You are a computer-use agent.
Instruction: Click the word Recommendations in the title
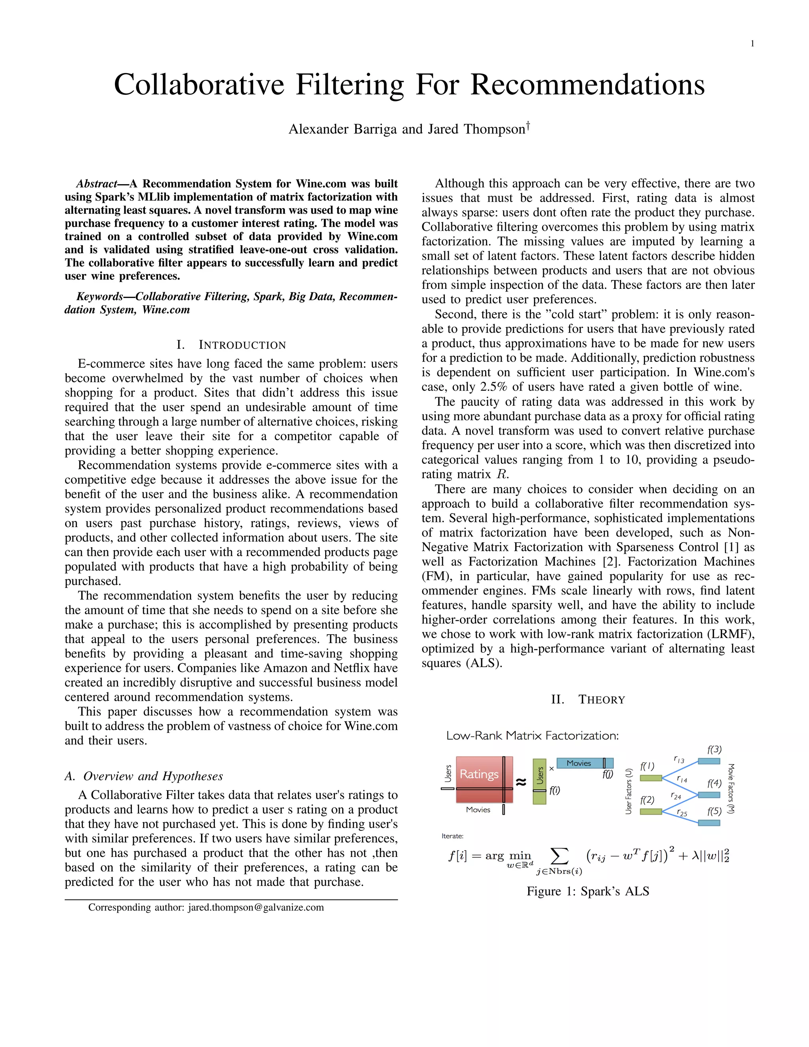pos(587,85)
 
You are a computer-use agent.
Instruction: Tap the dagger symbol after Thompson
pos(528,126)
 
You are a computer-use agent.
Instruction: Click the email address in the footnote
pos(256,908)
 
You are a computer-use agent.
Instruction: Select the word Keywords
pos(99,297)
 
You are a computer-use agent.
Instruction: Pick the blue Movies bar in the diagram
pos(579,763)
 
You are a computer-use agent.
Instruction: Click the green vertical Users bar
pos(539,781)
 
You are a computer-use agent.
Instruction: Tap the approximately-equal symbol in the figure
pos(521,782)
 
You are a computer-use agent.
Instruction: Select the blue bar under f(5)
pos(708,823)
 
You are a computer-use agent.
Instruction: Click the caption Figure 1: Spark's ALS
pos(587,891)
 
